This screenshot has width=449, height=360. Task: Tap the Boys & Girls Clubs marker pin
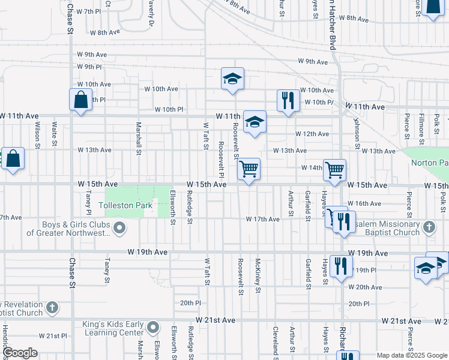coord(119,227)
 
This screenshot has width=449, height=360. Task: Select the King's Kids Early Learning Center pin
coord(153,328)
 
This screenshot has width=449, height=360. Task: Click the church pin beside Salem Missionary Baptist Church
coord(429,227)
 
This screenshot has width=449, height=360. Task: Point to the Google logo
coord(19,352)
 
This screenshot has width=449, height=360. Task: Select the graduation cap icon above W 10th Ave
coord(232,79)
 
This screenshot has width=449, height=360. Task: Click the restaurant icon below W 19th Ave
coord(341,266)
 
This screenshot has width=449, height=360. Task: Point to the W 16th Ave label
coord(364,204)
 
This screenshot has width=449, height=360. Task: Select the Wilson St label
coord(37,136)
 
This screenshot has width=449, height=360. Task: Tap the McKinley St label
coord(258,276)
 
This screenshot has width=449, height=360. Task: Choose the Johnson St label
coord(356,130)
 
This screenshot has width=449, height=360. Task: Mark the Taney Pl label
coord(88,203)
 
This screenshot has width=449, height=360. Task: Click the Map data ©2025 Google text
coord(412,355)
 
